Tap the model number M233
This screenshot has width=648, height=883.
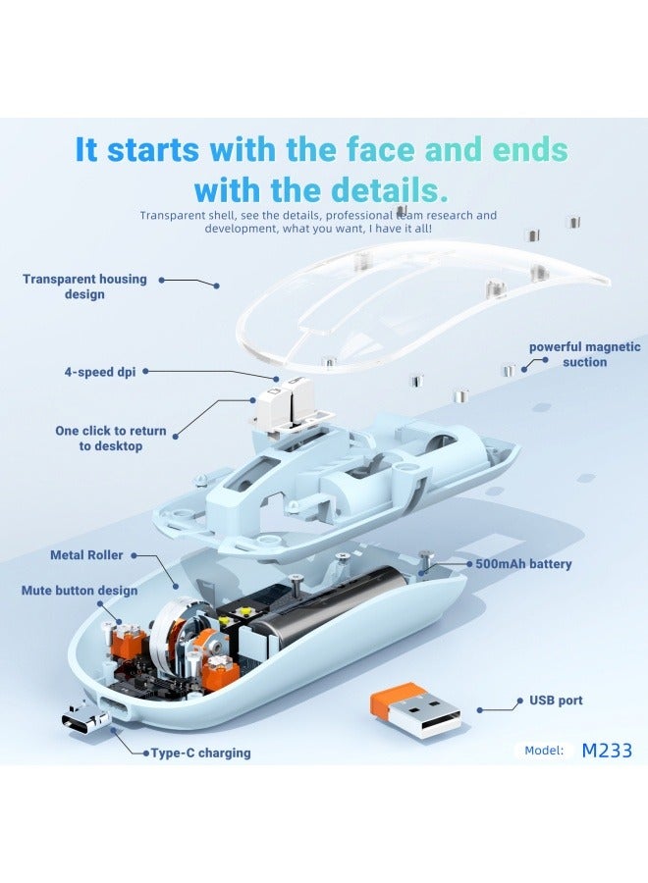pyautogui.click(x=607, y=751)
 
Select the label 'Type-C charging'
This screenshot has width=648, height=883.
pyautogui.click(x=200, y=753)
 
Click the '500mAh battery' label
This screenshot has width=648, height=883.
pyautogui.click(x=523, y=564)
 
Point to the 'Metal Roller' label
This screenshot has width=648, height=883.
pyautogui.click(x=86, y=555)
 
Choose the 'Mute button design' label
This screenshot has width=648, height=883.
pyautogui.click(x=80, y=591)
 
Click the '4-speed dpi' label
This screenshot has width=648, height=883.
pyautogui.click(x=100, y=372)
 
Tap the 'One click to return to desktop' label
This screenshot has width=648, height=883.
pyautogui.click(x=110, y=439)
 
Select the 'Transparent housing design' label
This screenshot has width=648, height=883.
pyautogui.click(x=84, y=286)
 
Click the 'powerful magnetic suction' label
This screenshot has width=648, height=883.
pyautogui.click(x=585, y=354)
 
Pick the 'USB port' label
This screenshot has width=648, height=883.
pyautogui.click(x=556, y=701)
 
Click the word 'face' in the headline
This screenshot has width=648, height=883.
pyautogui.click(x=380, y=150)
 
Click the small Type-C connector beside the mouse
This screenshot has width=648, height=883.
pyautogui.click(x=83, y=718)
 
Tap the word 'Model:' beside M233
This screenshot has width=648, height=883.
pyautogui.click(x=544, y=751)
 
